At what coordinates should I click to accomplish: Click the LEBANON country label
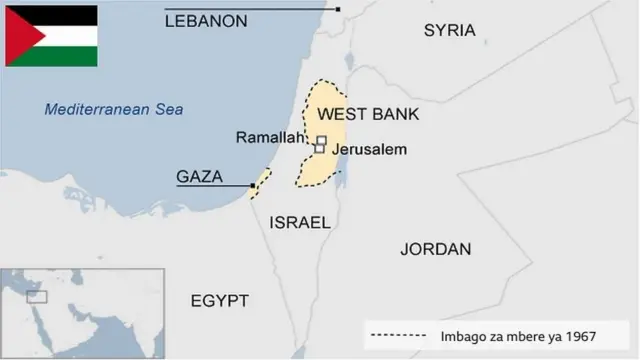point(205,20)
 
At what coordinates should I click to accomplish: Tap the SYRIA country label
point(449,30)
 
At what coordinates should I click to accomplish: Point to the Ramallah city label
point(269,138)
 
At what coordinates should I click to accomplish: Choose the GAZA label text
point(199,177)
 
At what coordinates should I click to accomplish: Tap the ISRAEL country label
point(299,223)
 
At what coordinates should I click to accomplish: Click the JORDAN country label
point(435,249)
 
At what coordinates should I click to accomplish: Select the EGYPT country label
point(219,301)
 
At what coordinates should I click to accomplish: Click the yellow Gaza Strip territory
point(262,182)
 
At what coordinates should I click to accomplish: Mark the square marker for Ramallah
point(321,141)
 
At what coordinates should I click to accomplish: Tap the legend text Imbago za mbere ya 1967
point(518,336)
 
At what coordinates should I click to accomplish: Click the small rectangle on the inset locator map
point(37,297)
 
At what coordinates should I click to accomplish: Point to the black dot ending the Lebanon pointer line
point(338,9)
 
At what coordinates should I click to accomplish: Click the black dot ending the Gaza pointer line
point(253,186)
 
